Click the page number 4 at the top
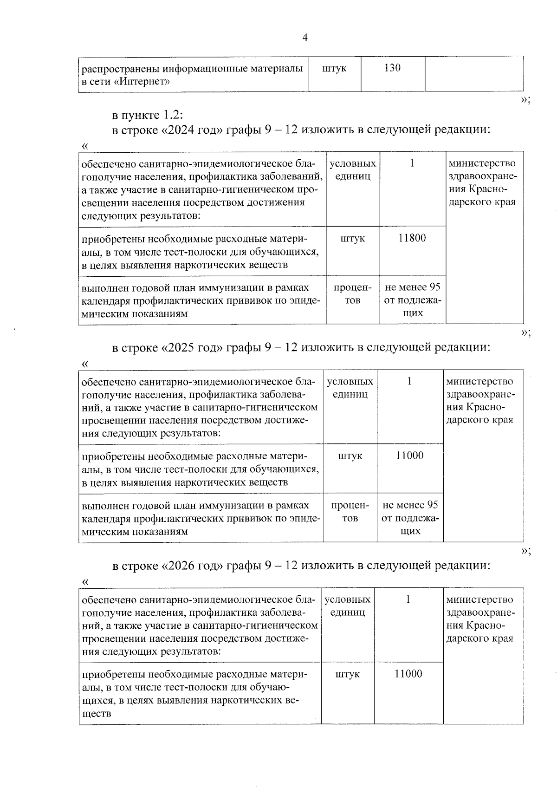pyautogui.click(x=305, y=38)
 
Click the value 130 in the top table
pyautogui.click(x=393, y=68)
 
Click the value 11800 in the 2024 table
pyautogui.click(x=412, y=238)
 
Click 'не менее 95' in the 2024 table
pyautogui.click(x=413, y=287)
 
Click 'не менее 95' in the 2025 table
pyautogui.click(x=410, y=505)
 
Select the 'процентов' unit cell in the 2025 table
pyautogui.click(x=350, y=511)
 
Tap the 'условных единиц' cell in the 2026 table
pyautogui.click(x=347, y=606)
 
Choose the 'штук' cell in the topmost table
pyautogui.click(x=334, y=68)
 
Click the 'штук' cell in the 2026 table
pyautogui.click(x=347, y=674)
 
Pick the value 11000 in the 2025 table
pyautogui.click(x=409, y=456)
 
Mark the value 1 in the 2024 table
pyautogui.click(x=412, y=163)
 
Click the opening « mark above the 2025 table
pyautogui.click(x=85, y=364)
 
